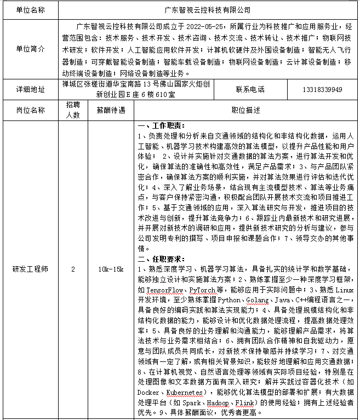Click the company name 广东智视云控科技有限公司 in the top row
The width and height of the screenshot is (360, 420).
(x=207, y=10)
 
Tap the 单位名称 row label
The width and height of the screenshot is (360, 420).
(x=30, y=10)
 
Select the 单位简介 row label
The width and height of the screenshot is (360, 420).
(x=30, y=49)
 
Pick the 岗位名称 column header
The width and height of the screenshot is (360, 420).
(x=30, y=110)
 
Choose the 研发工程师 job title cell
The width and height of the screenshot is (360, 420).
(x=30, y=269)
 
